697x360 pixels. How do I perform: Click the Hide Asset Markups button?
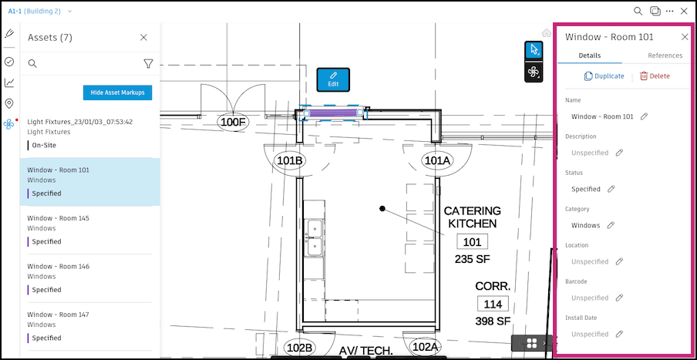click(117, 93)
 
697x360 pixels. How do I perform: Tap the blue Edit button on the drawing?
click(333, 79)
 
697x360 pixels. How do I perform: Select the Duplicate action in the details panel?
click(604, 76)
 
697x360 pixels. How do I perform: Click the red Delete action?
click(655, 76)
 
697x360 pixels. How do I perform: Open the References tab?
click(665, 56)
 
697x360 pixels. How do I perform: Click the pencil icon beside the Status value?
click(611, 189)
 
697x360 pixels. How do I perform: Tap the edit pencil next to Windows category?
click(611, 225)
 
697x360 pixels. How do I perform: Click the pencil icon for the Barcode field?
click(619, 298)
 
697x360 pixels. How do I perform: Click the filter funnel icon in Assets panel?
click(149, 64)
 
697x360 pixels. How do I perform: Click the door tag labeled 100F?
click(234, 123)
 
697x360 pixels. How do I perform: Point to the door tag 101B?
click(290, 161)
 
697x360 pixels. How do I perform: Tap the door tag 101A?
click(437, 161)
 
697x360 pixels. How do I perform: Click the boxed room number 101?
click(472, 242)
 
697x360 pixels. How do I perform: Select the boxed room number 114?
click(493, 304)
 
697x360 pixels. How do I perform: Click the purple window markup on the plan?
click(333, 113)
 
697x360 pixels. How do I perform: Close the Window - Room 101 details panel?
click(685, 37)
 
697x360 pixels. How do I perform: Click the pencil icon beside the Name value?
click(644, 116)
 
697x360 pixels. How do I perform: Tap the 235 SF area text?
click(472, 259)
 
